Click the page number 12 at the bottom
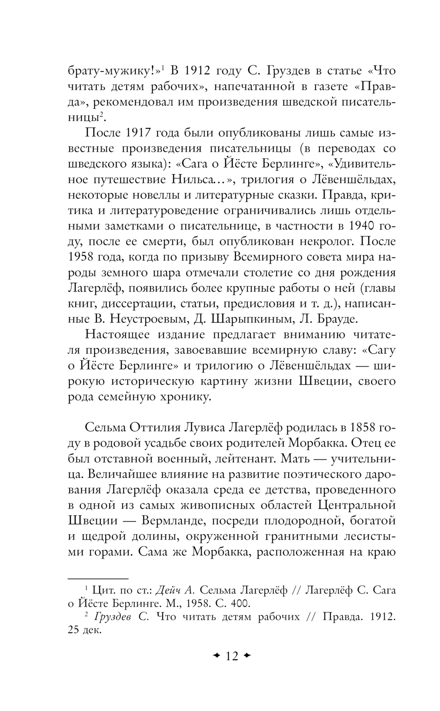click(231, 656)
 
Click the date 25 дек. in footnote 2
click(84, 631)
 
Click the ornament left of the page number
click(216, 656)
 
